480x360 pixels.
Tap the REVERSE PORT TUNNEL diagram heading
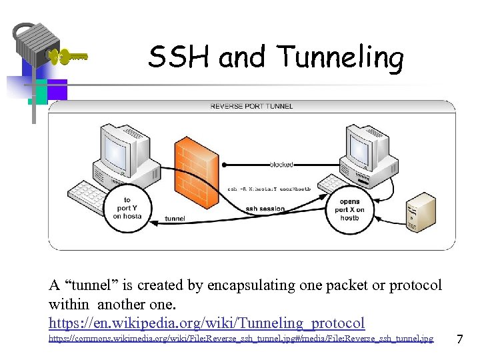(x=251, y=106)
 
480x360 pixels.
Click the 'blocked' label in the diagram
(x=281, y=164)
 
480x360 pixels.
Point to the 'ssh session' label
(x=265, y=209)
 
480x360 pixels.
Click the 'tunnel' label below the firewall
(x=175, y=218)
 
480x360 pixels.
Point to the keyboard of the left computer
(x=91, y=193)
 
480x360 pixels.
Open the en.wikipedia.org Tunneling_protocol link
(x=207, y=323)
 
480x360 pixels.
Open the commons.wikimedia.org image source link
(x=241, y=339)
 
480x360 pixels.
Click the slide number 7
(x=459, y=340)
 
